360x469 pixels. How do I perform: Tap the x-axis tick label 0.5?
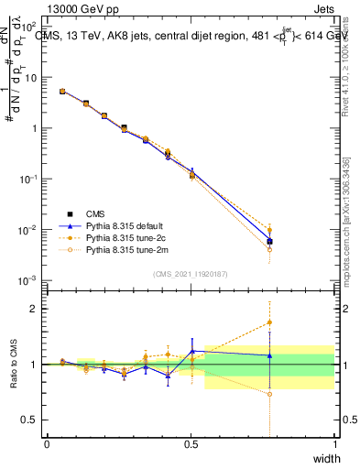pyautogui.click(x=191, y=443)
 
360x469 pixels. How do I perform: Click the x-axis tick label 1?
pyautogui.click(x=334, y=443)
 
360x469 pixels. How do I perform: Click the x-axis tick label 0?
pyautogui.click(x=47, y=443)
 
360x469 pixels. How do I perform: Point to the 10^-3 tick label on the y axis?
pyautogui.click(x=29, y=279)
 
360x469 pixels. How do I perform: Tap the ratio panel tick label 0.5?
pyautogui.click(x=32, y=420)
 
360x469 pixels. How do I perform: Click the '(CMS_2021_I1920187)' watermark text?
pyautogui.click(x=191, y=272)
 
